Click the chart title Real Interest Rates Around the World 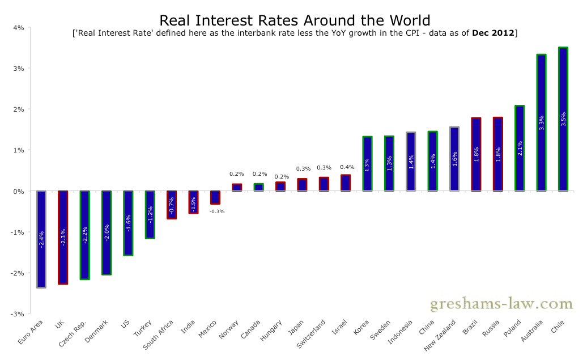[295, 20]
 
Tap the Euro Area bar [41, 239]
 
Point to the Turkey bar [150, 214]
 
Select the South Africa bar [172, 205]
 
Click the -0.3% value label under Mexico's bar [216, 211]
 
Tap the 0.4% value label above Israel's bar [347, 167]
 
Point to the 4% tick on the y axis [18, 27]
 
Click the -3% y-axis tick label [17, 314]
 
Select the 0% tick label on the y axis [18, 191]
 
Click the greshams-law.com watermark [501, 304]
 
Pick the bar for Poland [520, 148]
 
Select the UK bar [63, 237]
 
